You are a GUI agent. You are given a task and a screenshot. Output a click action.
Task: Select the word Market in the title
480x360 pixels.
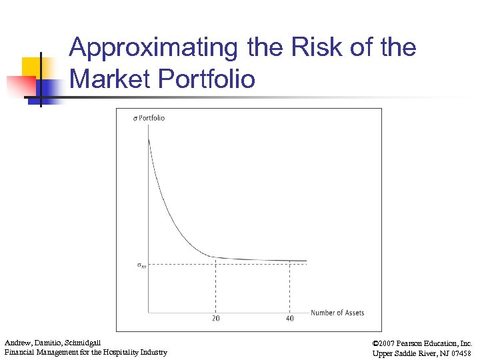point(111,79)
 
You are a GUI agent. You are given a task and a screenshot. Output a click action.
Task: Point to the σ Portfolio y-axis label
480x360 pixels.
point(149,118)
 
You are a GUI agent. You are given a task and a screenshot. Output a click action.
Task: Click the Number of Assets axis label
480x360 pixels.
point(337,312)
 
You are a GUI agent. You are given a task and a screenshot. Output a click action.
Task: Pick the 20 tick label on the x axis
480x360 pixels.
point(216,318)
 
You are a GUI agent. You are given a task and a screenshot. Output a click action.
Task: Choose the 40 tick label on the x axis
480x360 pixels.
point(289,318)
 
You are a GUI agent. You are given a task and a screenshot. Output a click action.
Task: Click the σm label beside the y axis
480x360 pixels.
point(142,265)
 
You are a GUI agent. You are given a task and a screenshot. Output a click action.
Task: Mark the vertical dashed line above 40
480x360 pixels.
point(289,287)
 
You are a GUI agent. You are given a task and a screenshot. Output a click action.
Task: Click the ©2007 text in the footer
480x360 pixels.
point(385,343)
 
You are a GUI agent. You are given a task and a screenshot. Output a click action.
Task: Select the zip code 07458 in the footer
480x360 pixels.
point(461,353)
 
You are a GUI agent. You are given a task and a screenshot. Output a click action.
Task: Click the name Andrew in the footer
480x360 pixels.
point(18,343)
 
